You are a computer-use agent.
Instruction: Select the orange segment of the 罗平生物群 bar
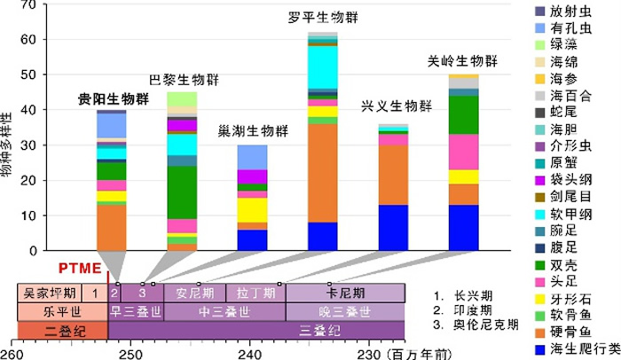pyautogui.click(x=322, y=172)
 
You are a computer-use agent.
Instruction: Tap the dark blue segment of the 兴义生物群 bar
pyautogui.click(x=393, y=228)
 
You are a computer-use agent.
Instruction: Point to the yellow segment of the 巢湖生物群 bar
pyautogui.click(x=253, y=209)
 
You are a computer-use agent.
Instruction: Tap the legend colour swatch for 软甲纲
pyautogui.click(x=538, y=214)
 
